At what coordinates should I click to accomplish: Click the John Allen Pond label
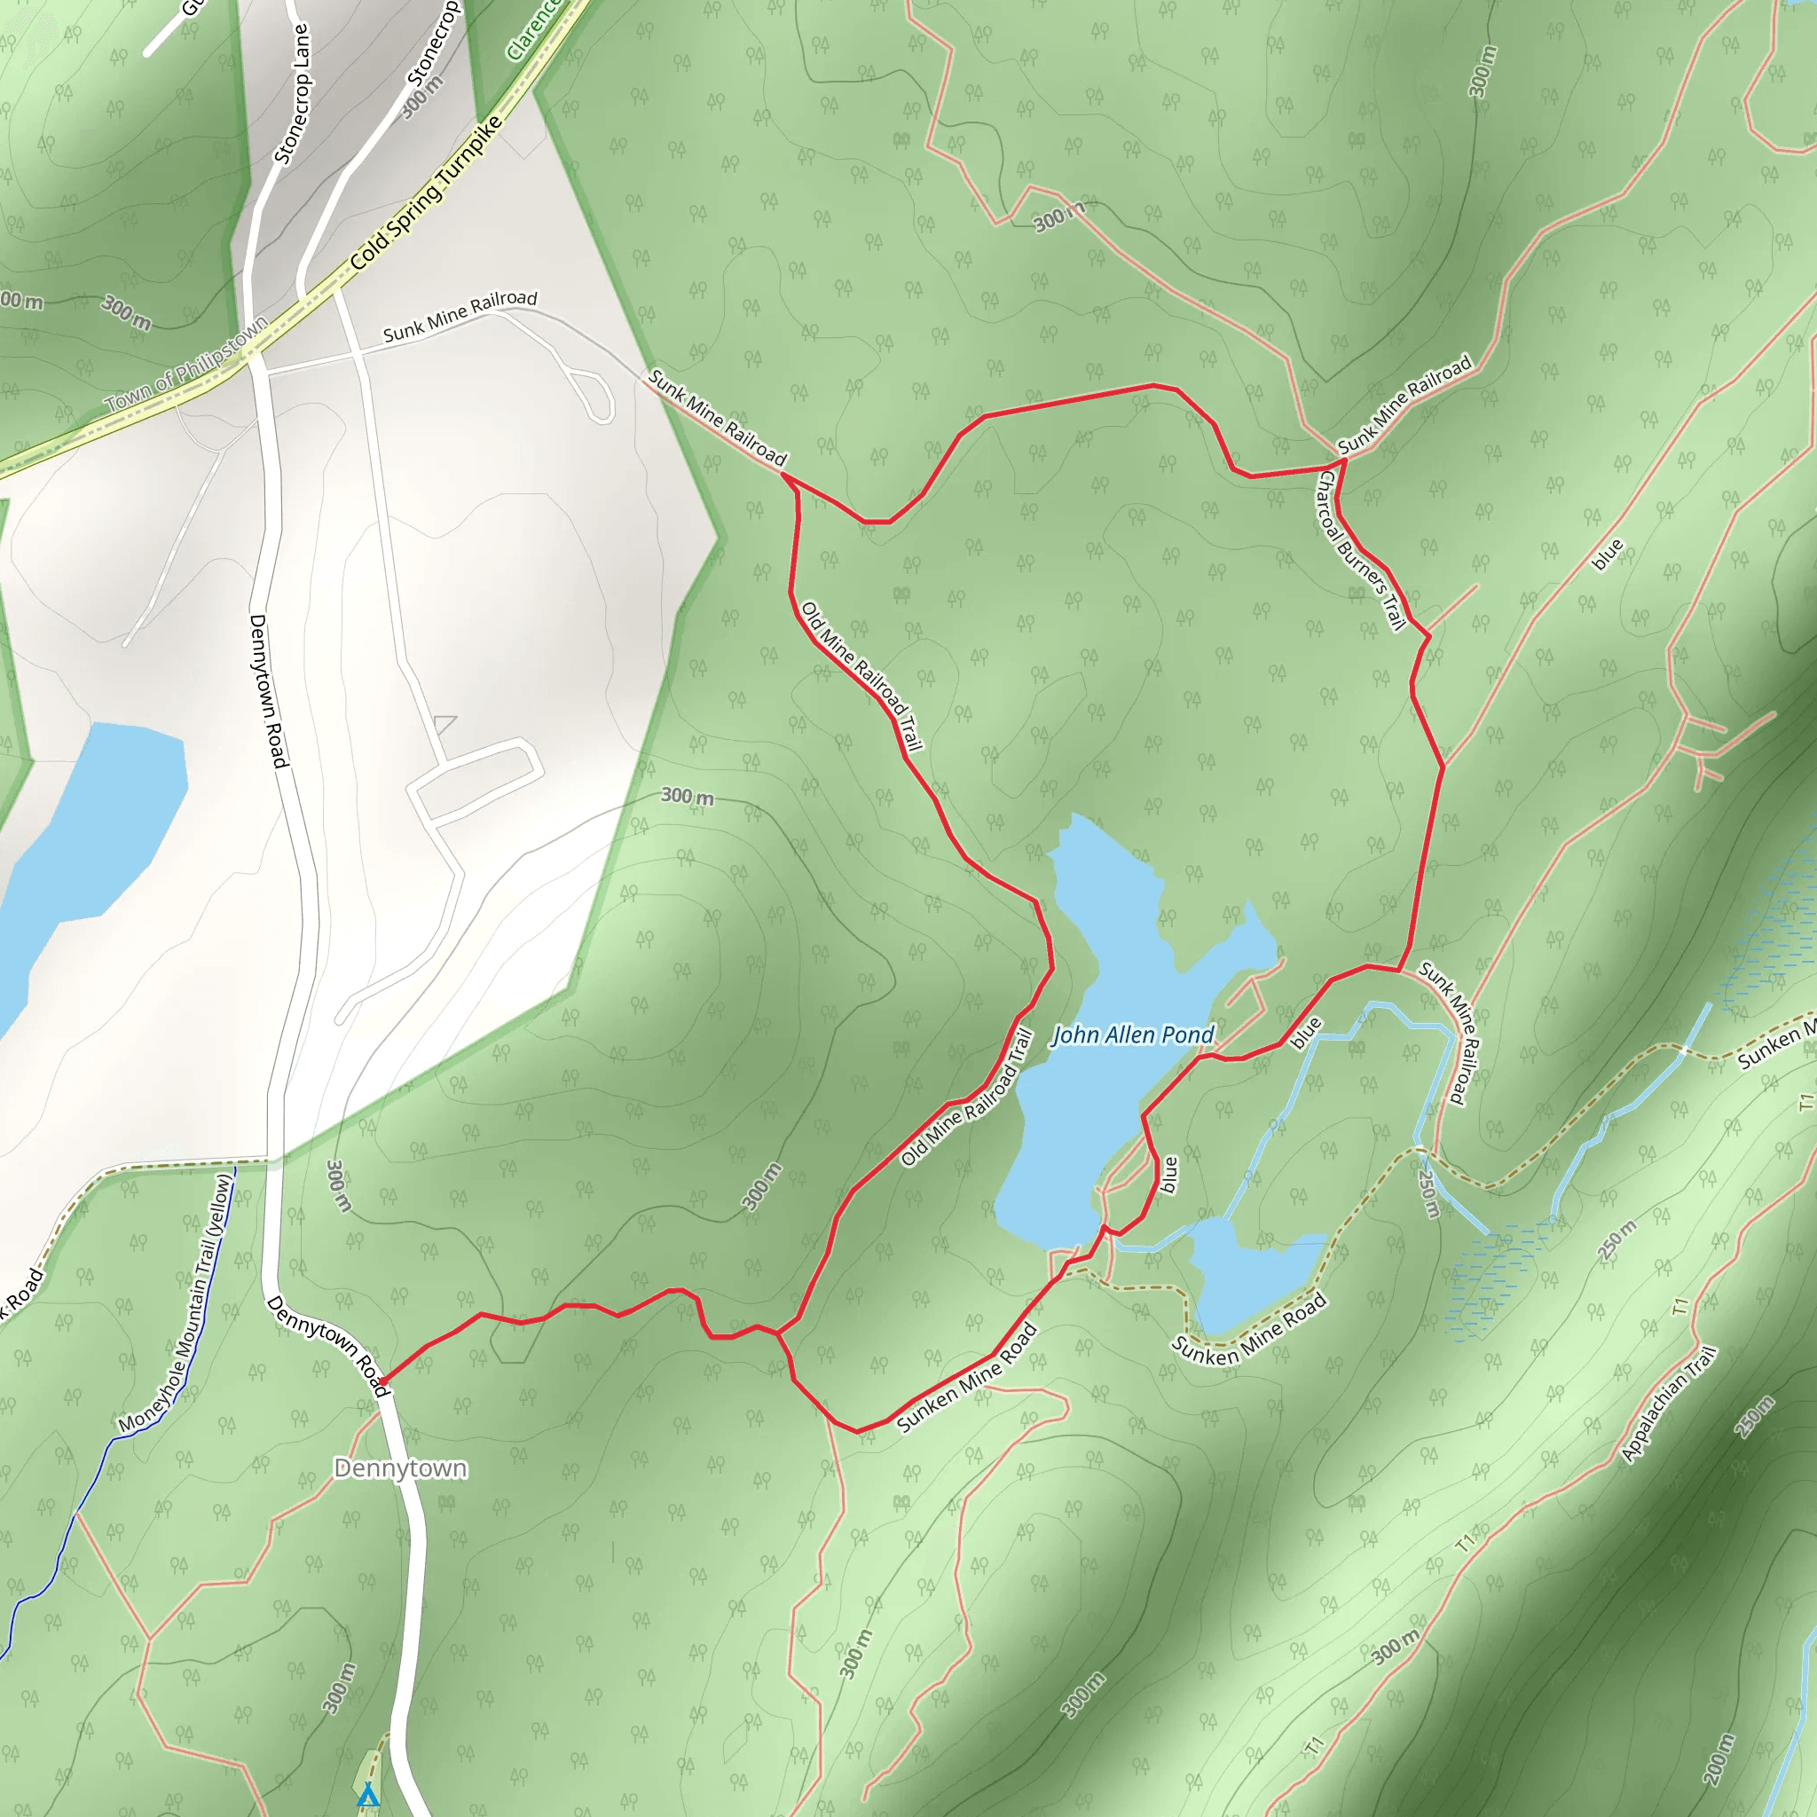click(1132, 1035)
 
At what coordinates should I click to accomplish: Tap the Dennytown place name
click(401, 1468)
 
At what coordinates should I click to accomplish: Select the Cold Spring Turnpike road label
click(427, 193)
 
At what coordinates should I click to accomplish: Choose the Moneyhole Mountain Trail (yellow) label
click(176, 1303)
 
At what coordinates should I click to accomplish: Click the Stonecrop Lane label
click(292, 94)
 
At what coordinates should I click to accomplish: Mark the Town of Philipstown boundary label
click(186, 366)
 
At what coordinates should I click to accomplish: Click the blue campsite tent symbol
click(367, 1796)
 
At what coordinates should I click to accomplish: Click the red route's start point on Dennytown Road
click(381, 1381)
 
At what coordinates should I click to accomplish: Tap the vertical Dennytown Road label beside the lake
click(267, 690)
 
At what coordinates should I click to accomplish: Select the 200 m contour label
click(1718, 1758)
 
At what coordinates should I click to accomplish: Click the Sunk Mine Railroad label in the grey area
click(460, 316)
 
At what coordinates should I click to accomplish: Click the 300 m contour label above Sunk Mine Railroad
click(1059, 217)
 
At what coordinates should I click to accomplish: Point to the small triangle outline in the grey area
click(444, 722)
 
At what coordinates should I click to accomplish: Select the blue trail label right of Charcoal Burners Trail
click(1608, 554)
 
